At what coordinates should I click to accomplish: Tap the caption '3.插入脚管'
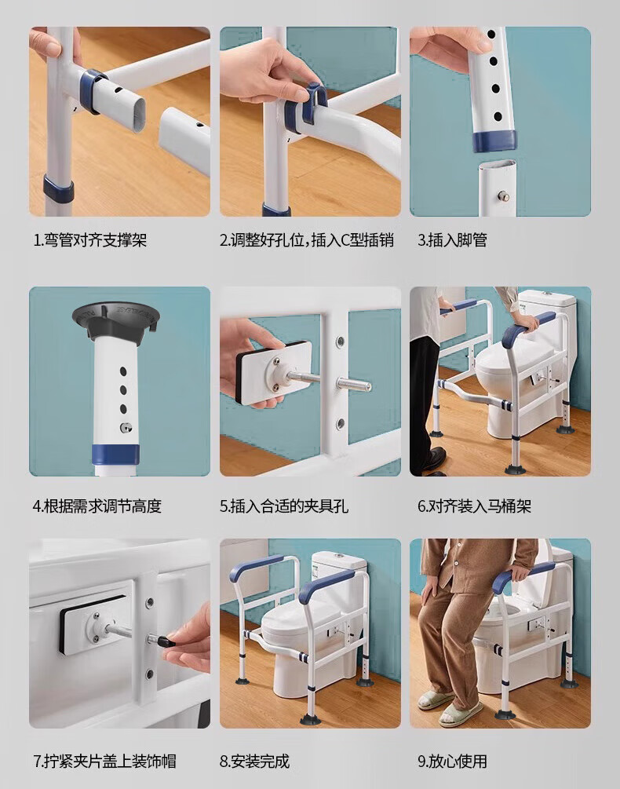[x=452, y=240]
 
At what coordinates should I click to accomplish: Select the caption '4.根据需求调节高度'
[x=97, y=506]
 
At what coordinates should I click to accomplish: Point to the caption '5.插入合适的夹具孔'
[x=283, y=506]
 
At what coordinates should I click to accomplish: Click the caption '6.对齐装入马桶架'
[x=474, y=506]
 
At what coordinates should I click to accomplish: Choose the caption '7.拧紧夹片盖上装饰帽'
[x=104, y=761]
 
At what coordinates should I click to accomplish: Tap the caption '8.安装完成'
[x=254, y=761]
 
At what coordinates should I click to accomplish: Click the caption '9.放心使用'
[x=452, y=761]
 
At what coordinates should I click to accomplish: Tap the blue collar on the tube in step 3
[x=495, y=141]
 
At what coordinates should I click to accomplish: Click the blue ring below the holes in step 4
[x=115, y=455]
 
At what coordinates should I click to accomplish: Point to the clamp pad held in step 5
[x=272, y=371]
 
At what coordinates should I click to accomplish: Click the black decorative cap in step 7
[x=165, y=642]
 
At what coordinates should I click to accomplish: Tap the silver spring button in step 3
[x=503, y=196]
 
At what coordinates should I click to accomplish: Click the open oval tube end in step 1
[x=135, y=115]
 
